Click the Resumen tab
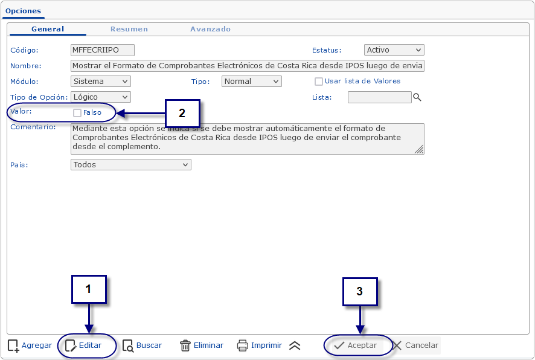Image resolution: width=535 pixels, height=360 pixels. [129, 29]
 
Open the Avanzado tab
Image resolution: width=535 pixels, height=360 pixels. [210, 29]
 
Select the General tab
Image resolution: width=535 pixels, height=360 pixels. [48, 29]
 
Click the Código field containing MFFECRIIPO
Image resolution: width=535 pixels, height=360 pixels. [103, 50]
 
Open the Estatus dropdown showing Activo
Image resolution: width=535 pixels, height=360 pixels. [394, 50]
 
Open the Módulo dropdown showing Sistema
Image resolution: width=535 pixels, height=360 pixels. [101, 81]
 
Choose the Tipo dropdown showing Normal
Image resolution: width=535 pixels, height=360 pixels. [251, 81]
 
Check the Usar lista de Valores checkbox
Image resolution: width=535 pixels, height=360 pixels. [319, 82]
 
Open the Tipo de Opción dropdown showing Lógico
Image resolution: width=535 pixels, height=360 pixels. [101, 97]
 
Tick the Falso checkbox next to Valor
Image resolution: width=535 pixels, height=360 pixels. [77, 112]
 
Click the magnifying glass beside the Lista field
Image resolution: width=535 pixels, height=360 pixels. [417, 97]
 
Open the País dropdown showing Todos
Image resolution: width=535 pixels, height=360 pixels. [130, 165]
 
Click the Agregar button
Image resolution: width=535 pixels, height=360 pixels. [30, 346]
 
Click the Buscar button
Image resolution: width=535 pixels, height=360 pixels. [142, 346]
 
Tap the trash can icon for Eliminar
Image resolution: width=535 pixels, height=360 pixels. [185, 346]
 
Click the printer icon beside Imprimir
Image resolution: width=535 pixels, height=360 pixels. [242, 346]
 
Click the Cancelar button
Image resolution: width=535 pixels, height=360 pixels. [415, 346]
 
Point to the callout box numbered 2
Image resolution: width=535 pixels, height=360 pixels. [182, 113]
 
